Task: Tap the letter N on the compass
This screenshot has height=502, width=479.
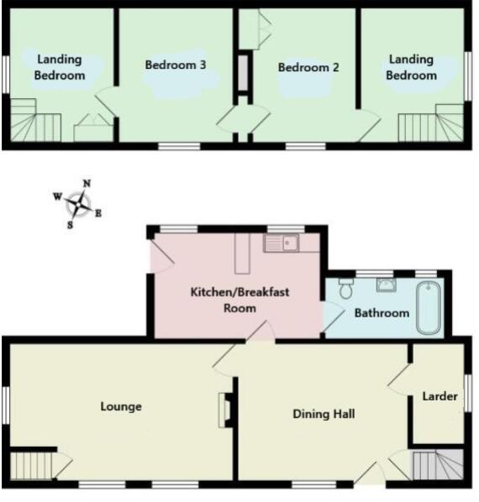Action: tap(87, 184)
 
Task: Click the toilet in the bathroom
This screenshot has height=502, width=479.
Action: tap(345, 289)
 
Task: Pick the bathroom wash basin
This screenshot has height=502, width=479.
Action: tap(387, 284)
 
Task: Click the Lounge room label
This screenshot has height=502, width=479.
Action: tap(121, 406)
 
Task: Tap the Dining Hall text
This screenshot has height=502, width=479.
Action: tap(324, 414)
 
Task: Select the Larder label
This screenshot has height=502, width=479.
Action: tap(440, 395)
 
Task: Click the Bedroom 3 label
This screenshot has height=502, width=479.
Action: tap(176, 65)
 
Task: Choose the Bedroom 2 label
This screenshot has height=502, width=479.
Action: tap(308, 67)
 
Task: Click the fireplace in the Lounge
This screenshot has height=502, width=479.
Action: tap(224, 410)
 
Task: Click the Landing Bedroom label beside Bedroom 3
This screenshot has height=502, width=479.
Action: tap(60, 67)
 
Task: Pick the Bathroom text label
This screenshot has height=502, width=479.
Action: tap(382, 313)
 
